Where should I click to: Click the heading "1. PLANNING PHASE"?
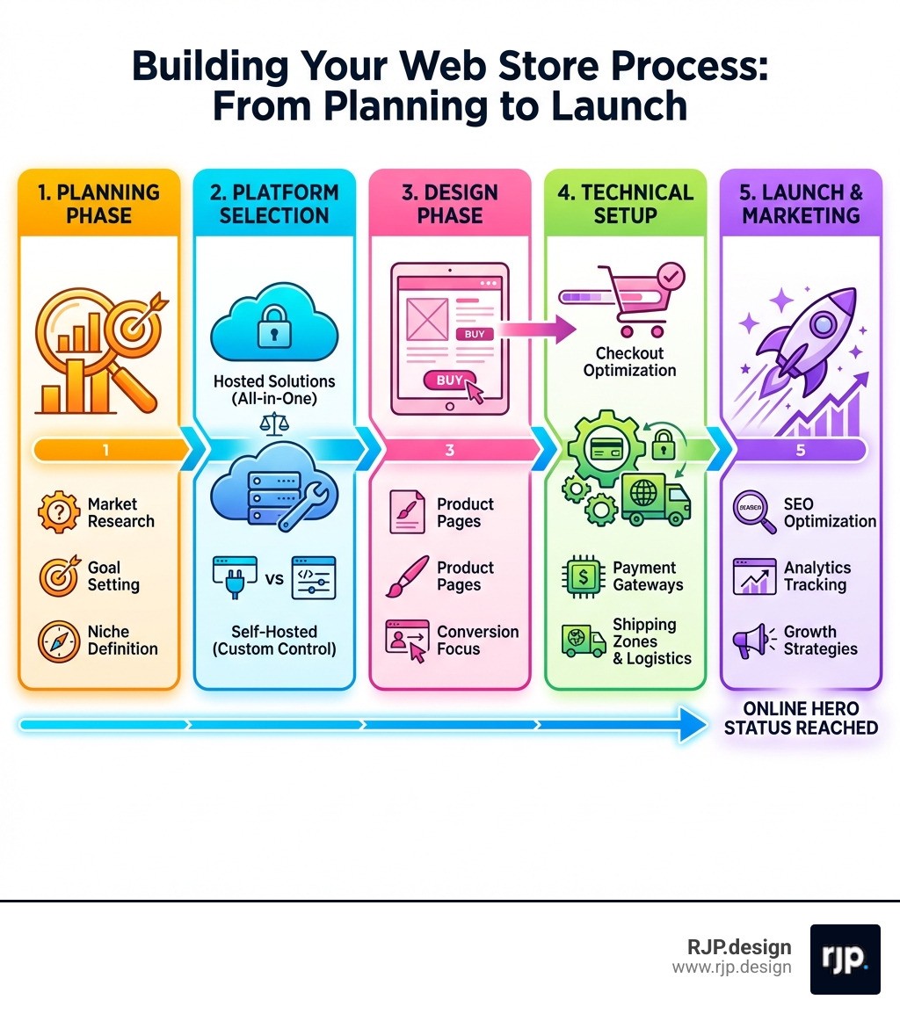pyautogui.click(x=98, y=204)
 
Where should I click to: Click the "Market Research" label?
pyautogui.click(x=121, y=512)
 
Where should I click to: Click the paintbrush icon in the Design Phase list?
pyautogui.click(x=408, y=576)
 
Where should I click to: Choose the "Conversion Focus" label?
pyautogui.click(x=477, y=641)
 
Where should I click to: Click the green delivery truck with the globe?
pyautogui.click(x=656, y=497)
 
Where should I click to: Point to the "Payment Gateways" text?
pyautogui.click(x=644, y=576)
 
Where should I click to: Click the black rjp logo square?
pyautogui.click(x=845, y=959)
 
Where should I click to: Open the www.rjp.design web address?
pyautogui.click(x=731, y=967)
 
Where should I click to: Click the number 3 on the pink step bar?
pyautogui.click(x=450, y=451)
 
